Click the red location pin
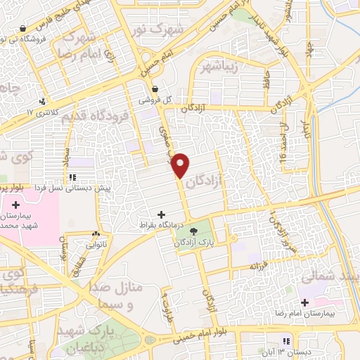pos(181,164)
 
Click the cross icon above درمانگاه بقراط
pos(162,214)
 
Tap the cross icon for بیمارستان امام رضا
pos(304,302)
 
